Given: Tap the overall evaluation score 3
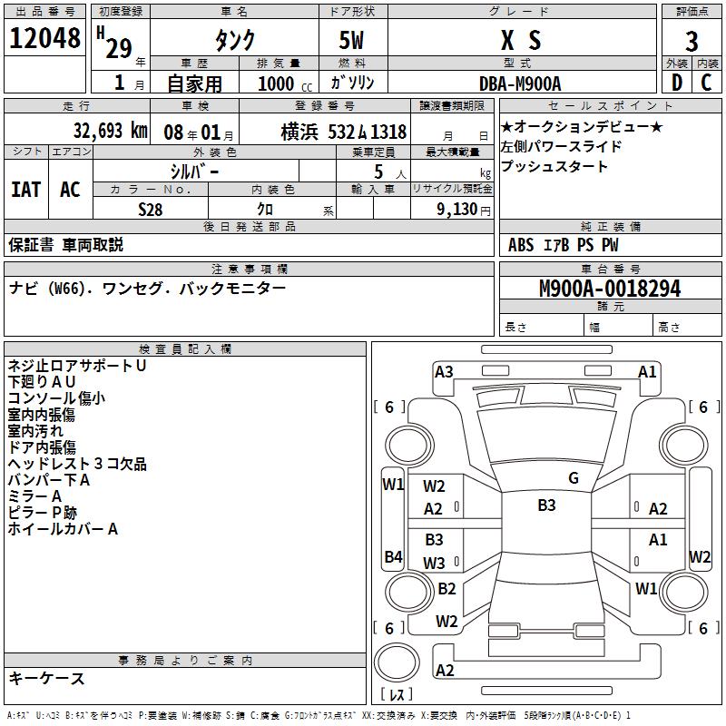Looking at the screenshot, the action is click(x=692, y=42).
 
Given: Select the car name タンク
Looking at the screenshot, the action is click(x=234, y=41).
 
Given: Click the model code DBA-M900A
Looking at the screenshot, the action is click(x=520, y=83).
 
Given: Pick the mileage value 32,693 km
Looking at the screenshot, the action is click(x=110, y=130).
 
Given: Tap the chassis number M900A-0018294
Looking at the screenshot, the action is click(x=610, y=289).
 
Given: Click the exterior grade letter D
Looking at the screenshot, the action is click(x=676, y=83).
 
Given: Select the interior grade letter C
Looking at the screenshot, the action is click(x=706, y=83).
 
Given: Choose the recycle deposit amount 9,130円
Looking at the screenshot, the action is click(x=459, y=210).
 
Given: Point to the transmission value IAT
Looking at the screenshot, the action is click(x=25, y=190).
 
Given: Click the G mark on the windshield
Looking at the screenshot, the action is click(x=574, y=478).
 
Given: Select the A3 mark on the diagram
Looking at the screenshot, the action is click(x=444, y=371).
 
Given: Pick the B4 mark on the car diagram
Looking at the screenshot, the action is click(x=393, y=556).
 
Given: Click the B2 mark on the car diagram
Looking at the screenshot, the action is click(x=446, y=589).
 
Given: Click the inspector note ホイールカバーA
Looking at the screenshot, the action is click(x=63, y=529).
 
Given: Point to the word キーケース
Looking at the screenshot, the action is click(x=47, y=678).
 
